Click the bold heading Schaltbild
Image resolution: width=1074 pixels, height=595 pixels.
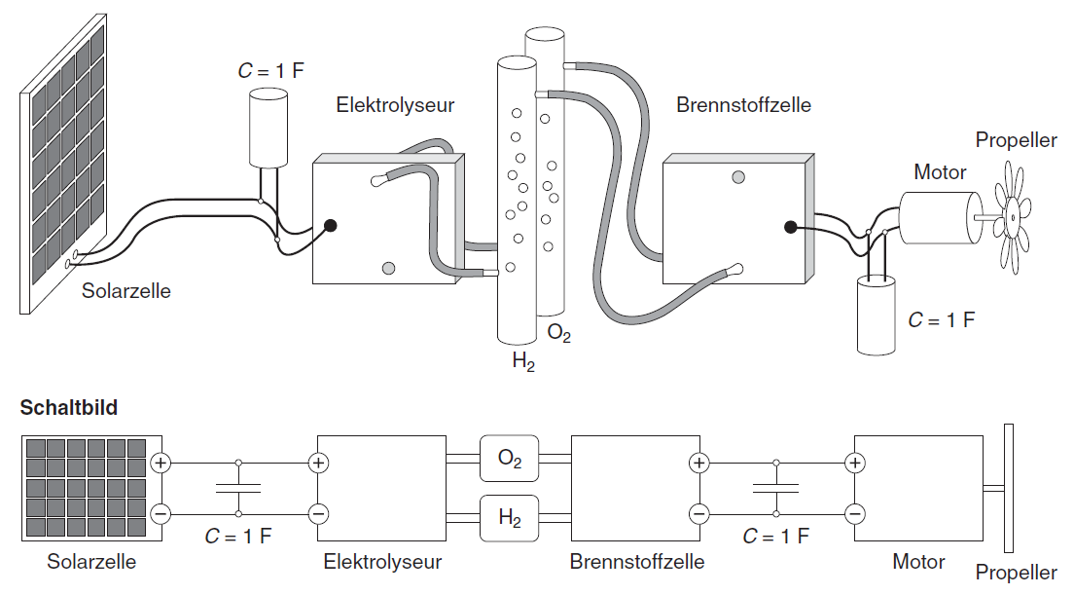point(68,408)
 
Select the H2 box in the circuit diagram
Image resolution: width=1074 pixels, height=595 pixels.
point(510,516)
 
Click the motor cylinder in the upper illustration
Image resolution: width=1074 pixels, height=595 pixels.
point(937,216)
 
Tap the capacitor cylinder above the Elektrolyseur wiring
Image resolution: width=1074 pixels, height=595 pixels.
point(268,128)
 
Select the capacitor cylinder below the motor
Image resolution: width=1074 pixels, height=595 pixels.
point(878,314)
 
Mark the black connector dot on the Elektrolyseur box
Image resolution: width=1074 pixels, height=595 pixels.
point(331,226)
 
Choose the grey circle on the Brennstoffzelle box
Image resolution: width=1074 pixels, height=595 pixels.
point(738,176)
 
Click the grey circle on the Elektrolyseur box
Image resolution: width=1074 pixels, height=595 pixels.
point(389,268)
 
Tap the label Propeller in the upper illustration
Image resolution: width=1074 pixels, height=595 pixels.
point(1016,140)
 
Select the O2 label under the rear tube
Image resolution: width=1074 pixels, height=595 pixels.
point(558,334)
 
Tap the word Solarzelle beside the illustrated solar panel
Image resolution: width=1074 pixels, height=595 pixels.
point(125,290)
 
